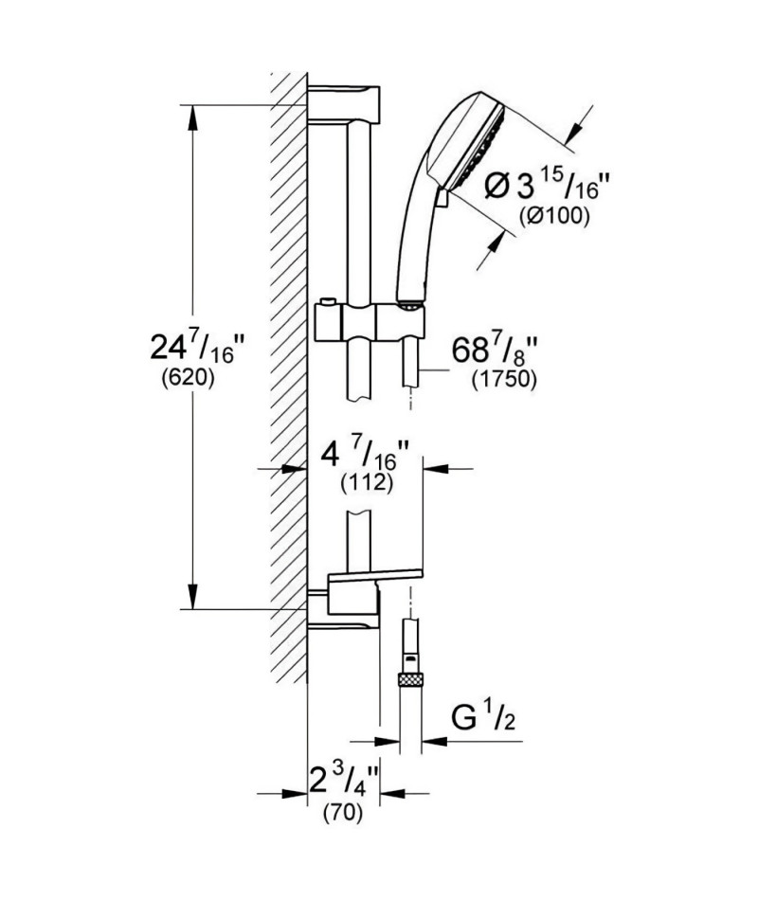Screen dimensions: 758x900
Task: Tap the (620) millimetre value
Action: [188, 378]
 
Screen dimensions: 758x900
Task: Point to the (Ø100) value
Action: [553, 216]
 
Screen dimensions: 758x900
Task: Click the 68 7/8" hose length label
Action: [495, 351]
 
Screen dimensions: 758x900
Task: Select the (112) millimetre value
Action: [367, 483]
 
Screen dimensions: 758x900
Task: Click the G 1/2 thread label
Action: [483, 719]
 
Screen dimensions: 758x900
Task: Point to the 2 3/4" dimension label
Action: [344, 780]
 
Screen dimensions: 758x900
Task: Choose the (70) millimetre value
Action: [343, 813]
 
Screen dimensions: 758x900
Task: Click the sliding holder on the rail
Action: [370, 322]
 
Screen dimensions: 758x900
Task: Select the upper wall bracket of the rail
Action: [344, 104]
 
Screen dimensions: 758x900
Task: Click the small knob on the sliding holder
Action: [327, 302]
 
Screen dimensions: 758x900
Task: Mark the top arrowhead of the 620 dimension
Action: [192, 118]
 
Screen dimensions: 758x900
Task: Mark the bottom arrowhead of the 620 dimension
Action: [192, 595]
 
